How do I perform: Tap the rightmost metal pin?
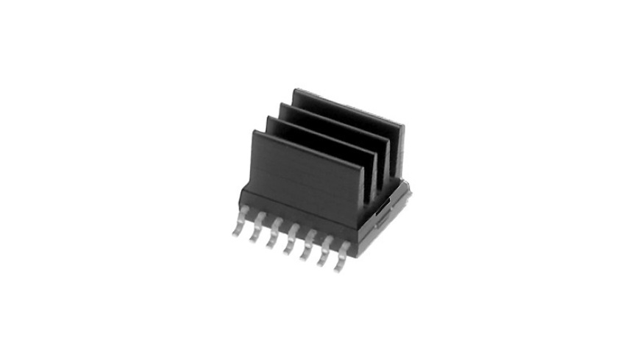coord(341,262)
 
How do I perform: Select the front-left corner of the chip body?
coord(241,197)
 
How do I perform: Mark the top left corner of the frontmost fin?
coord(254,132)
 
